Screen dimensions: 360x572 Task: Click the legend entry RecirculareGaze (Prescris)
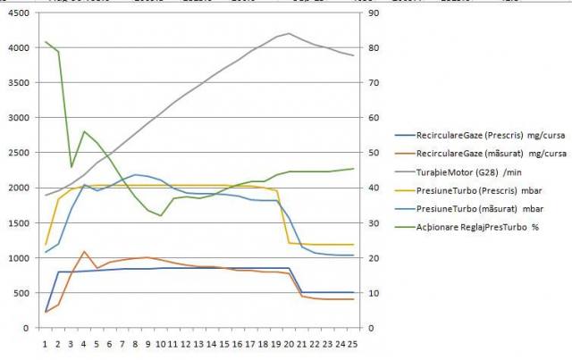click(x=477, y=136)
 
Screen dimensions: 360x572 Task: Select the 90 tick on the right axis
click(x=374, y=13)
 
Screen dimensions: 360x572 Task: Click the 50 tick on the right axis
click(x=374, y=153)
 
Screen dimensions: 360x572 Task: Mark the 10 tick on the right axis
click(x=374, y=293)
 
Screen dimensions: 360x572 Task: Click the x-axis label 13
click(x=198, y=341)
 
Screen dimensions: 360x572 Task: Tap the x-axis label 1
click(x=46, y=341)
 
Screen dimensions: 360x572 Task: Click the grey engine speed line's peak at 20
click(x=289, y=34)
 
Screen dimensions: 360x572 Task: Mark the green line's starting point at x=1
click(x=46, y=42)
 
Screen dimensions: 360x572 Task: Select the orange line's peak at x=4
click(x=84, y=252)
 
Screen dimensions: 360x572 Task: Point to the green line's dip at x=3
click(x=71, y=166)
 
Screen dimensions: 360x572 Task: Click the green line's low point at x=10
click(x=161, y=215)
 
